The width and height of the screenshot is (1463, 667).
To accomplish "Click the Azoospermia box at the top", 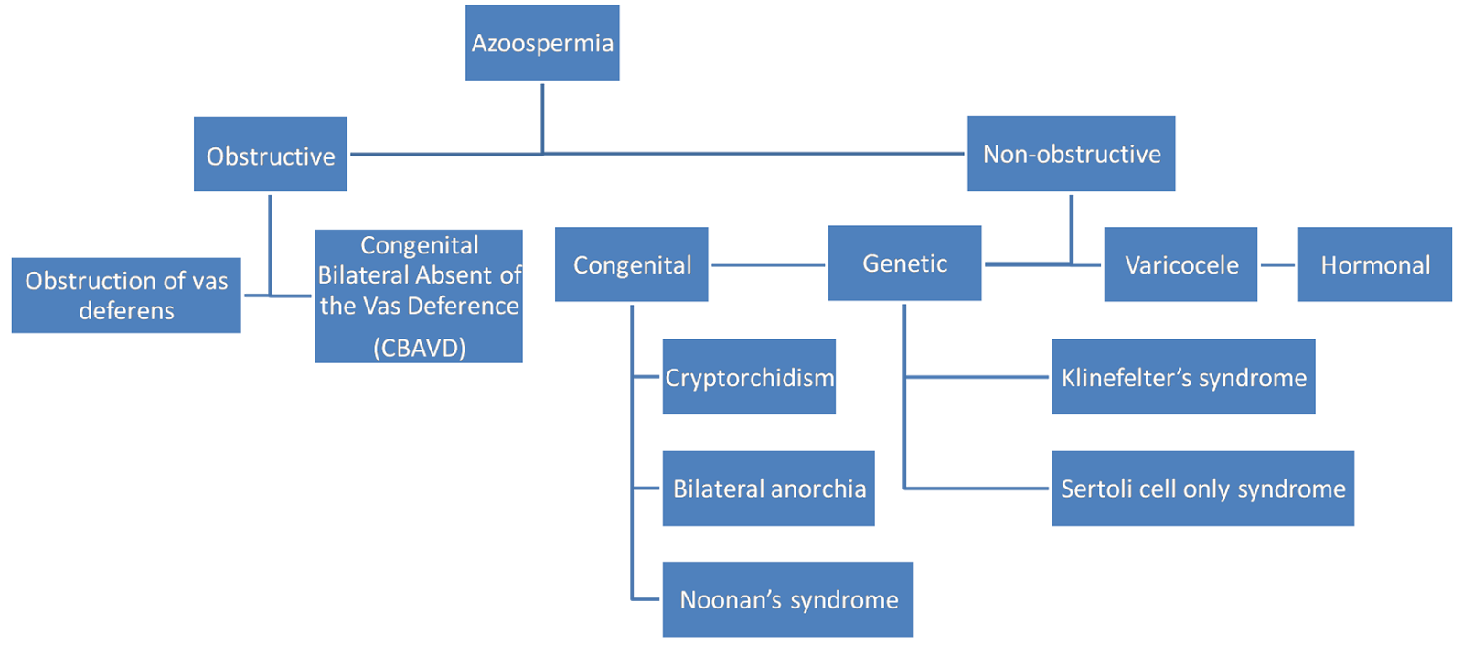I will (x=542, y=43).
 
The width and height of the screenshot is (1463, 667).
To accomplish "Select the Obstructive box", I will (x=271, y=155).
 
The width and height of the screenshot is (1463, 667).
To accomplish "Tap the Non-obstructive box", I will (x=1071, y=154).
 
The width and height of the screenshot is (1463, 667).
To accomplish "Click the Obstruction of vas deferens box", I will (x=126, y=296).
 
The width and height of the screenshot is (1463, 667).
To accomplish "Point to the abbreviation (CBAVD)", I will (x=419, y=348).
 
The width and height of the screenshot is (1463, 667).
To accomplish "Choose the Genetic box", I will (x=904, y=264).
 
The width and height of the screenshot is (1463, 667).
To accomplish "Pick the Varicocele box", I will (x=1180, y=264).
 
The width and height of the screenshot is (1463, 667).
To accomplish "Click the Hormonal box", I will (x=1374, y=264).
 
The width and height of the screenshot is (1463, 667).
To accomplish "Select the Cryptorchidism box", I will (x=749, y=377).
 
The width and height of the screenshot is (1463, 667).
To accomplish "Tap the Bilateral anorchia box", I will (x=768, y=489).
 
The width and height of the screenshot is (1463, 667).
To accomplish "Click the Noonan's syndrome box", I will (x=787, y=600).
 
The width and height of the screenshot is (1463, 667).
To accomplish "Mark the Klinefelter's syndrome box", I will (x=1183, y=377).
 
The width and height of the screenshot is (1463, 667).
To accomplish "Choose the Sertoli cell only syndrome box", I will (x=1202, y=489).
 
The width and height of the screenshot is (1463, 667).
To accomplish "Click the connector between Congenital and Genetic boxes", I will (x=768, y=264).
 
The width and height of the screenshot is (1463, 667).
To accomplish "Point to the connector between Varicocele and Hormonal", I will (x=1277, y=264).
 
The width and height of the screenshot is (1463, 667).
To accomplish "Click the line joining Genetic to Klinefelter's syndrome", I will (x=977, y=376).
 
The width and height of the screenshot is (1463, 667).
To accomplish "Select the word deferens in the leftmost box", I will (x=126, y=311).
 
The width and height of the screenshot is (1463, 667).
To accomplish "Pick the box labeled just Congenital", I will (x=631, y=264).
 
